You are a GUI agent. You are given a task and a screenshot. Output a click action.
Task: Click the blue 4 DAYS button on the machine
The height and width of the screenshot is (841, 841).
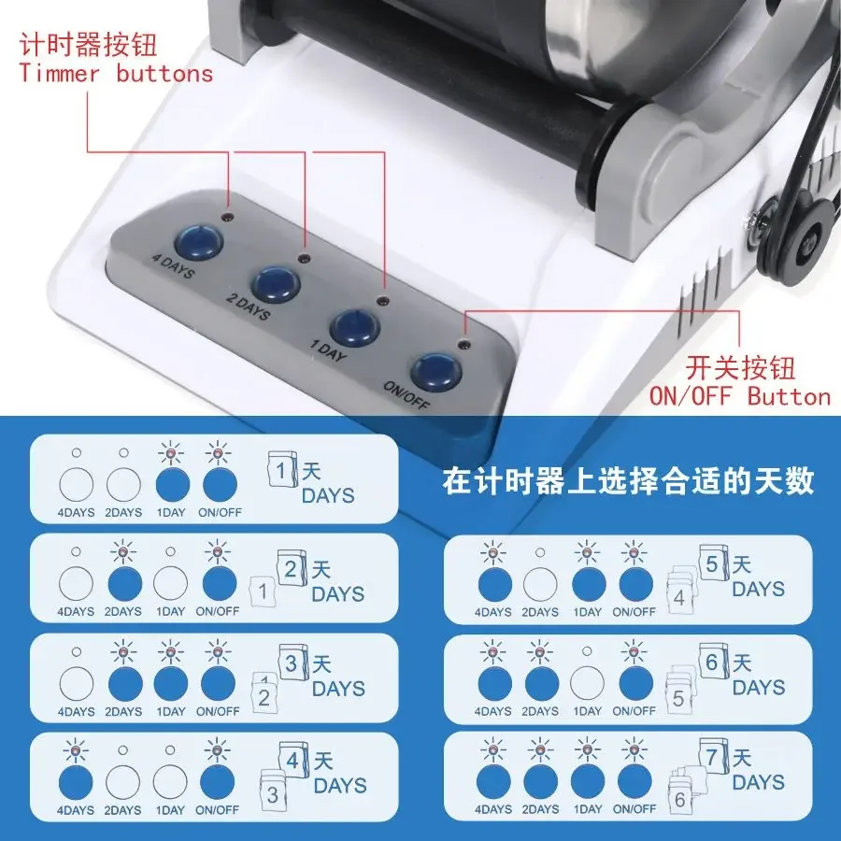(199, 242)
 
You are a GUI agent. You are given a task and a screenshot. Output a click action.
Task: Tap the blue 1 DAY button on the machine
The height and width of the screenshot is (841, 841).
(354, 327)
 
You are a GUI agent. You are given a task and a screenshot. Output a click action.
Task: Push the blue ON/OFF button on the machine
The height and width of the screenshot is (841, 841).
(436, 371)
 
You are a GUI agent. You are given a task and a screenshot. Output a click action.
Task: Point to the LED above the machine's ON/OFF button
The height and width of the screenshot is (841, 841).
(463, 342)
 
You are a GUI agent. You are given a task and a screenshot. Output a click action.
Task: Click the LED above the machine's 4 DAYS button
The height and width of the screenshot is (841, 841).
(228, 218)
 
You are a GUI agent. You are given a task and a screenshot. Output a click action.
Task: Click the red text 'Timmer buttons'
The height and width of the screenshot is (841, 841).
(116, 74)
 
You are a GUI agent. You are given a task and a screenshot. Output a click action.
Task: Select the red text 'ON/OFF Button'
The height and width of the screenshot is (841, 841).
(740, 396)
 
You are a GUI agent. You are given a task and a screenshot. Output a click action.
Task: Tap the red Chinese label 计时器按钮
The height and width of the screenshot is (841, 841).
(89, 45)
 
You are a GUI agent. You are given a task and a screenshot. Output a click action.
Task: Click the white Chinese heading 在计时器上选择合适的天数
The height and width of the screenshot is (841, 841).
(628, 480)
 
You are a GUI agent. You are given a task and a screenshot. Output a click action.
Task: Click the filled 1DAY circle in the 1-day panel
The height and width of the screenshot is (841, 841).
(173, 485)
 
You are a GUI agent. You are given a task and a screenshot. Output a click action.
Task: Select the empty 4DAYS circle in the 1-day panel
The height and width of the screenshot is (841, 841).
(77, 485)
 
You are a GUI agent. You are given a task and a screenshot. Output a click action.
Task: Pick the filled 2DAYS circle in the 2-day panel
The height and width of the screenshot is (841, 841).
(125, 583)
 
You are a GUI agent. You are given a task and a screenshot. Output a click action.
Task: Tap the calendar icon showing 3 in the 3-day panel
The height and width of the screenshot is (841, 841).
(292, 663)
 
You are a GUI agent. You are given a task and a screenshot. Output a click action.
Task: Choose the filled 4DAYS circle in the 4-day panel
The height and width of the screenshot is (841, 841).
(76, 782)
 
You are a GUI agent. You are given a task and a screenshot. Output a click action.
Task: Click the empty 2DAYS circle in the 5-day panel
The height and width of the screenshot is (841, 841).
(540, 585)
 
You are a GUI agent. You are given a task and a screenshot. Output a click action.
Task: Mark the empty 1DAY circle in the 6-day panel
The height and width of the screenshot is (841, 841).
(588, 683)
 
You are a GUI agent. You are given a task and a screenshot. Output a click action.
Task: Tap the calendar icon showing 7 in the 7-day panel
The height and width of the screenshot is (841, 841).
(713, 757)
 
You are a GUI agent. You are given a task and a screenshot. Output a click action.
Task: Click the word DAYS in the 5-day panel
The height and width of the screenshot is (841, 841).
(758, 589)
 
